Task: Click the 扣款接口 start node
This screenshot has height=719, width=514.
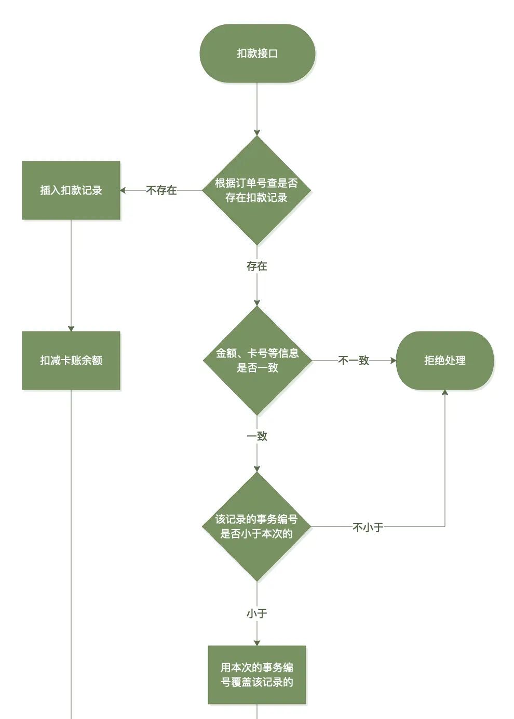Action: (257, 53)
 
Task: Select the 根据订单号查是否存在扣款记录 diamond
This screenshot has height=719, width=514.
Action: (256, 190)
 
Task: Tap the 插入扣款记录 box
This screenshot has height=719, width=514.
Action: (71, 190)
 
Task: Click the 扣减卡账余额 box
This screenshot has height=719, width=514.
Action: (71, 361)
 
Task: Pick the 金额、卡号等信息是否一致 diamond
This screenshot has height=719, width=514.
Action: (257, 361)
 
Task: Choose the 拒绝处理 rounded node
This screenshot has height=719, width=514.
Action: (445, 361)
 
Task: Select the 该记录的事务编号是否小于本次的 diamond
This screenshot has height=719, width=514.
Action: (256, 527)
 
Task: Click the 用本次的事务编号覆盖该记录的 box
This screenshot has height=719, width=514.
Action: (257, 675)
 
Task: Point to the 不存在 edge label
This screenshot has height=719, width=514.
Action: (161, 190)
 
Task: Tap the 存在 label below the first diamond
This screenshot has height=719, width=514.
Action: (257, 266)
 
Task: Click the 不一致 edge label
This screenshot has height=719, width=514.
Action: (354, 361)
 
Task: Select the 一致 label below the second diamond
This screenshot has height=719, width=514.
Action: (257, 436)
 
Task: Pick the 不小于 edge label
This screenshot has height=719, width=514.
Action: (368, 528)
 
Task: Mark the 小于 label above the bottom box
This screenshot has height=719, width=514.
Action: (257, 614)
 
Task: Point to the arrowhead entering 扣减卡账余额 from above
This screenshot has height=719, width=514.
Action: (71, 328)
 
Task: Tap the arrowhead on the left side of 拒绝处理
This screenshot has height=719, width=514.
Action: (393, 361)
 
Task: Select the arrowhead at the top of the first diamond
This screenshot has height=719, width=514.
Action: (257, 133)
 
